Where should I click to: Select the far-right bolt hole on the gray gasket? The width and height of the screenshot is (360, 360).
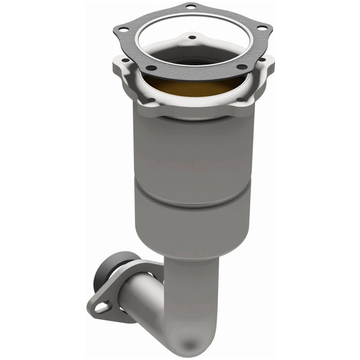tap(260, 28)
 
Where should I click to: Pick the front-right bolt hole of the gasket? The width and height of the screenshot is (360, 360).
tap(243, 67)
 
